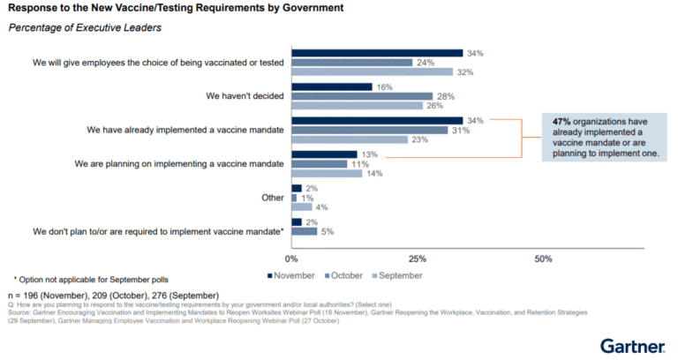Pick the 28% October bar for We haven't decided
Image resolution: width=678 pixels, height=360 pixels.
pos(362,96)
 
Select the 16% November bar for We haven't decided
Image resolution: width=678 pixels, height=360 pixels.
pos(332,86)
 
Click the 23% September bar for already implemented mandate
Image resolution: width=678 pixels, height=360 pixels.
pos(350,139)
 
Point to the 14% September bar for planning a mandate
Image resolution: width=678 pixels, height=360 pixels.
pos(327,173)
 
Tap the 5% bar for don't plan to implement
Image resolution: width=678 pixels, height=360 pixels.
pos(305,231)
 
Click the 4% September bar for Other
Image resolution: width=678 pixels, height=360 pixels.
pos(302,206)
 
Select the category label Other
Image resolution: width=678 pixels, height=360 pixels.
pos(272,198)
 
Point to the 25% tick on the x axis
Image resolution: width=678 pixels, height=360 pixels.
pos(418,259)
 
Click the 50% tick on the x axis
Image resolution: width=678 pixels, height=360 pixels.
pos(544,259)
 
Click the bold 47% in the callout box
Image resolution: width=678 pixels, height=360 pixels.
pos(562,121)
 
